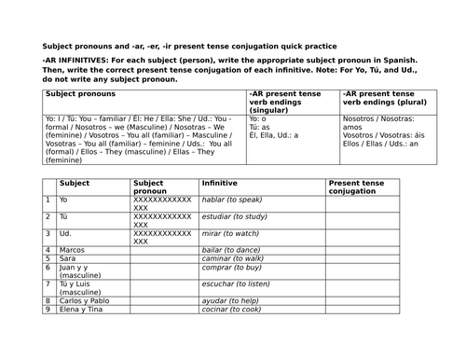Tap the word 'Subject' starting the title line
click(x=58, y=47)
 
